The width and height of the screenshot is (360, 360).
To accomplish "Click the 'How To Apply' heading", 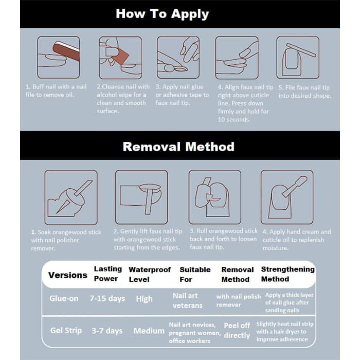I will pos(162,14).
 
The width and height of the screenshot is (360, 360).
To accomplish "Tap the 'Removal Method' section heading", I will pos(178,147).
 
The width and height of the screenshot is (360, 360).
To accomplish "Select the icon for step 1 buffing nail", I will pos(58,57).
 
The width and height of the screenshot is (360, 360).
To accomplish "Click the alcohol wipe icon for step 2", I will pos(120,57).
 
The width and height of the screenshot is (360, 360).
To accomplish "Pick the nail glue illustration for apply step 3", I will pos(178,57).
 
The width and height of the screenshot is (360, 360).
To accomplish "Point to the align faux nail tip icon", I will pos(236,57).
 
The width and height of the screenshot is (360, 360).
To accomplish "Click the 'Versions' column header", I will pos(67,275).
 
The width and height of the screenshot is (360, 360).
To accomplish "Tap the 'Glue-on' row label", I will pos(64,298).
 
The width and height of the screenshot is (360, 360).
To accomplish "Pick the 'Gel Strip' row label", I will pos(66,330).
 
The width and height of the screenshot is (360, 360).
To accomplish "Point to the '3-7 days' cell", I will pos(107,331).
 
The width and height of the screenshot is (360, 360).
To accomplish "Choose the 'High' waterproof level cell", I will pos(144,299).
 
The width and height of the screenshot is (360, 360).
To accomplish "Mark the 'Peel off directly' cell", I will pos(237,330).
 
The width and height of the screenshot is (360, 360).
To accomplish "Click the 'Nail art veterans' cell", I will pos(188,300).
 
